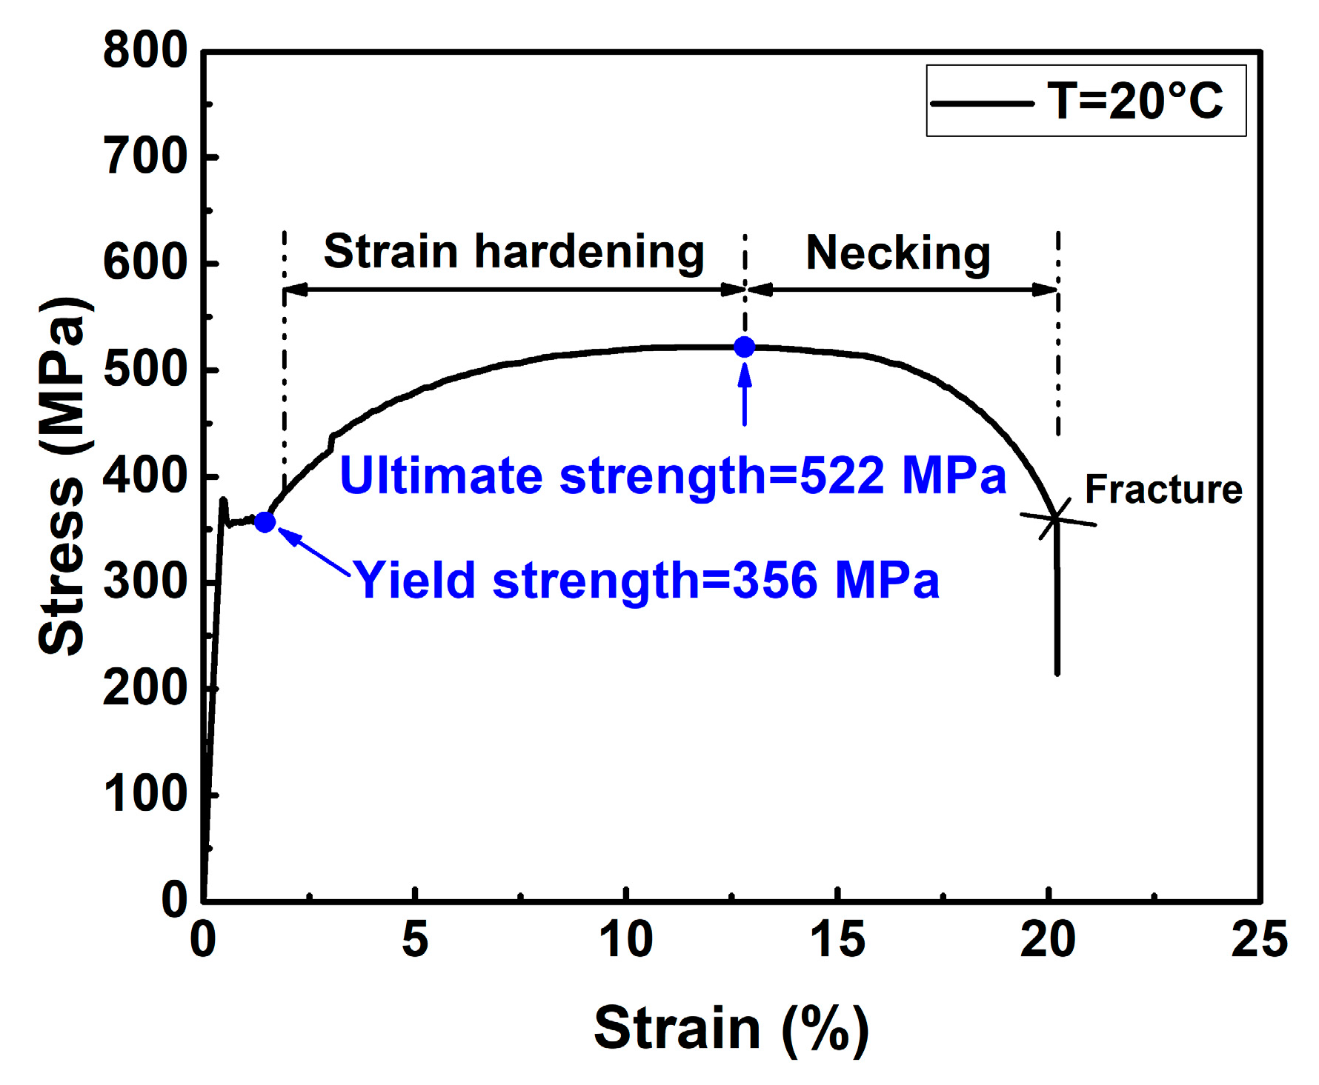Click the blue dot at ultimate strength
pyautogui.click(x=744, y=347)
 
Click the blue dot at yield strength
pyautogui.click(x=265, y=522)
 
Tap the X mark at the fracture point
pyautogui.click(x=1056, y=518)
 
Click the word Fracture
pyautogui.click(x=1163, y=490)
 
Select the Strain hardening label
pyautogui.click(x=514, y=252)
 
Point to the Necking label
pyautogui.click(x=898, y=253)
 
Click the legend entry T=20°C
pyautogui.click(x=1134, y=101)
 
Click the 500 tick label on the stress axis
pyautogui.click(x=145, y=370)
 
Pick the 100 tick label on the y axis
pyautogui.click(x=145, y=794)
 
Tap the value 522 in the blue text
pyautogui.click(x=842, y=475)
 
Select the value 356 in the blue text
pyautogui.click(x=774, y=580)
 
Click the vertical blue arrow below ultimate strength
pyautogui.click(x=745, y=393)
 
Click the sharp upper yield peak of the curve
pyautogui.click(x=223, y=501)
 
